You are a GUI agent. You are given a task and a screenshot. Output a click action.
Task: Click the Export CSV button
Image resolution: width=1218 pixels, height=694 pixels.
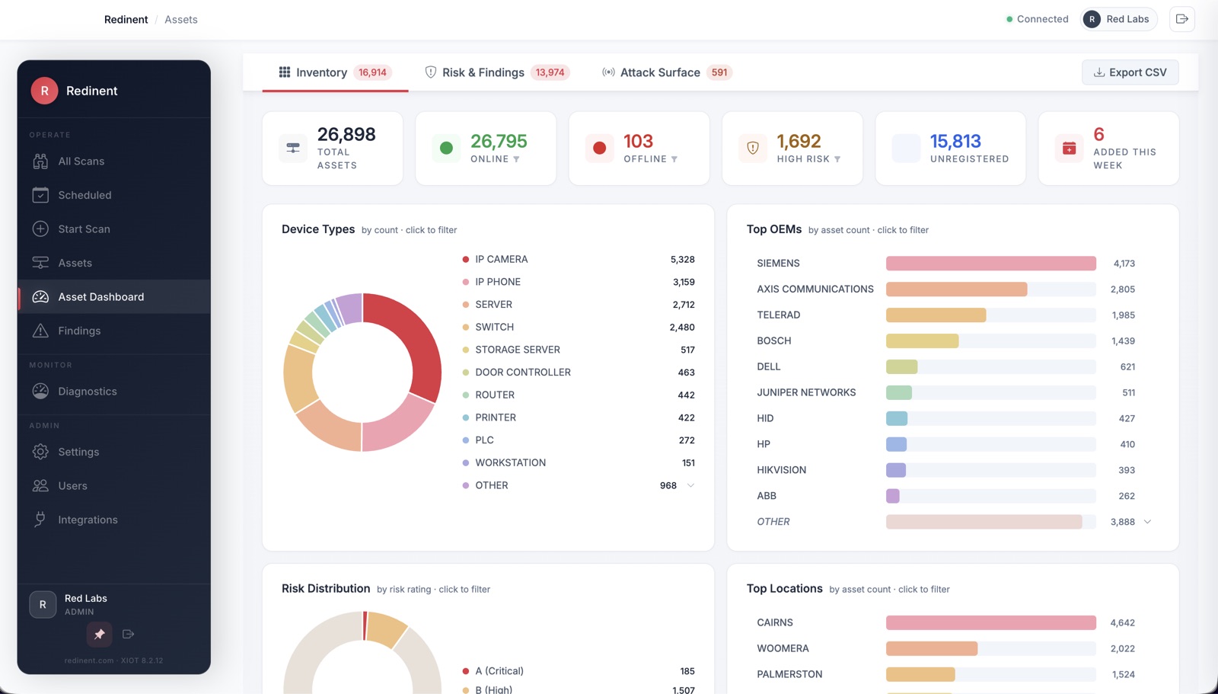pos(1130,72)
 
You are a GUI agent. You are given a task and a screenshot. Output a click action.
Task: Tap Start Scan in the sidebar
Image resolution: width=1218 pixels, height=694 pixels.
pos(84,229)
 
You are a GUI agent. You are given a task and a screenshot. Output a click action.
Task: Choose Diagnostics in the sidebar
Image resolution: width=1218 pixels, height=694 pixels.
pos(87,392)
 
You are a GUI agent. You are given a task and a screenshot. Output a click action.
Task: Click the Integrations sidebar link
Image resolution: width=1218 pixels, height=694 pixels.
pos(88,520)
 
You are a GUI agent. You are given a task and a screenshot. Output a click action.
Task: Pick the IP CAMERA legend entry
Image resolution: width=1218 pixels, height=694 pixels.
pos(502,260)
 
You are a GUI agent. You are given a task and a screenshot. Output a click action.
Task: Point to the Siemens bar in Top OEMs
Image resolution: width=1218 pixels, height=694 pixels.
pos(990,264)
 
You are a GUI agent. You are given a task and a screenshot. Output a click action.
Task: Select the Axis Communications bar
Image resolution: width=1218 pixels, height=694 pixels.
pos(956,289)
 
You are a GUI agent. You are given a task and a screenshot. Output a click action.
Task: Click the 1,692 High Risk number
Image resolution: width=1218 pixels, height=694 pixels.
pos(799,142)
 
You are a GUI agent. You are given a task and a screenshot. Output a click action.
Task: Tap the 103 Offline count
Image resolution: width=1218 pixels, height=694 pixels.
pos(638,142)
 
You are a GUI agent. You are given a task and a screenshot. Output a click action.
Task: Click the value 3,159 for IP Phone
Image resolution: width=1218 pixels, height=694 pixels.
pos(684,282)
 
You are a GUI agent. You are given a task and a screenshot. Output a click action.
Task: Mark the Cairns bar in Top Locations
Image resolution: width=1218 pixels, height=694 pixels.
pos(990,622)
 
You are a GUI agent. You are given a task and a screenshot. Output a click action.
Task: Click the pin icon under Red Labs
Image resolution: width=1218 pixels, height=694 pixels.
pos(99,635)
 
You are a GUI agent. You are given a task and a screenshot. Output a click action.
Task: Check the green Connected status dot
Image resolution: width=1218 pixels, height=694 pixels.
pos(1009,19)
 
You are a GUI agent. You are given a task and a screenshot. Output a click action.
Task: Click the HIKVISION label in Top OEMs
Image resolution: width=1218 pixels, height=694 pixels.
pos(781,470)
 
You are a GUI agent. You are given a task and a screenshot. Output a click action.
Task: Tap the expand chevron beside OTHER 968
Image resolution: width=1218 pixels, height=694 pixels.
pos(690,485)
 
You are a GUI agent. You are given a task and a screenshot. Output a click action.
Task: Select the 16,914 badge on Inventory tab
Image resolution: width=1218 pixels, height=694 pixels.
pos(372,72)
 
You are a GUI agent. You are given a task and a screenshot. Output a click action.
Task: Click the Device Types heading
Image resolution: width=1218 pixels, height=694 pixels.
pos(318,229)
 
